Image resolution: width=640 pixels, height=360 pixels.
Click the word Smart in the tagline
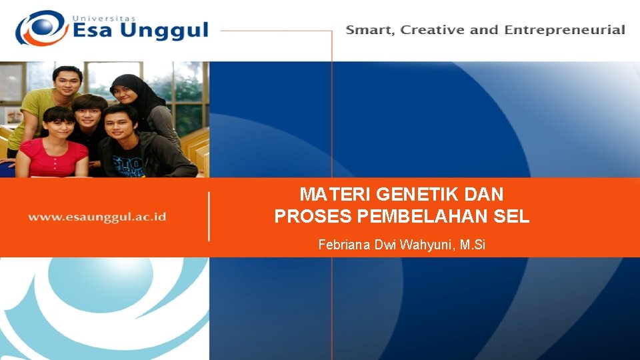[x=368, y=30]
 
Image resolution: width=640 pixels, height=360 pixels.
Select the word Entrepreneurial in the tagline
[x=565, y=30]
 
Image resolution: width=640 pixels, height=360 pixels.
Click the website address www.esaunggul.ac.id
[x=97, y=217]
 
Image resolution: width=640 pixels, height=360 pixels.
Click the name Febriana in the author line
[x=345, y=245]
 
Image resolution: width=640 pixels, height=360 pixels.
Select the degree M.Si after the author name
[x=472, y=245]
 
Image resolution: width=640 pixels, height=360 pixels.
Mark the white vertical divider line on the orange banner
[x=209, y=217]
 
